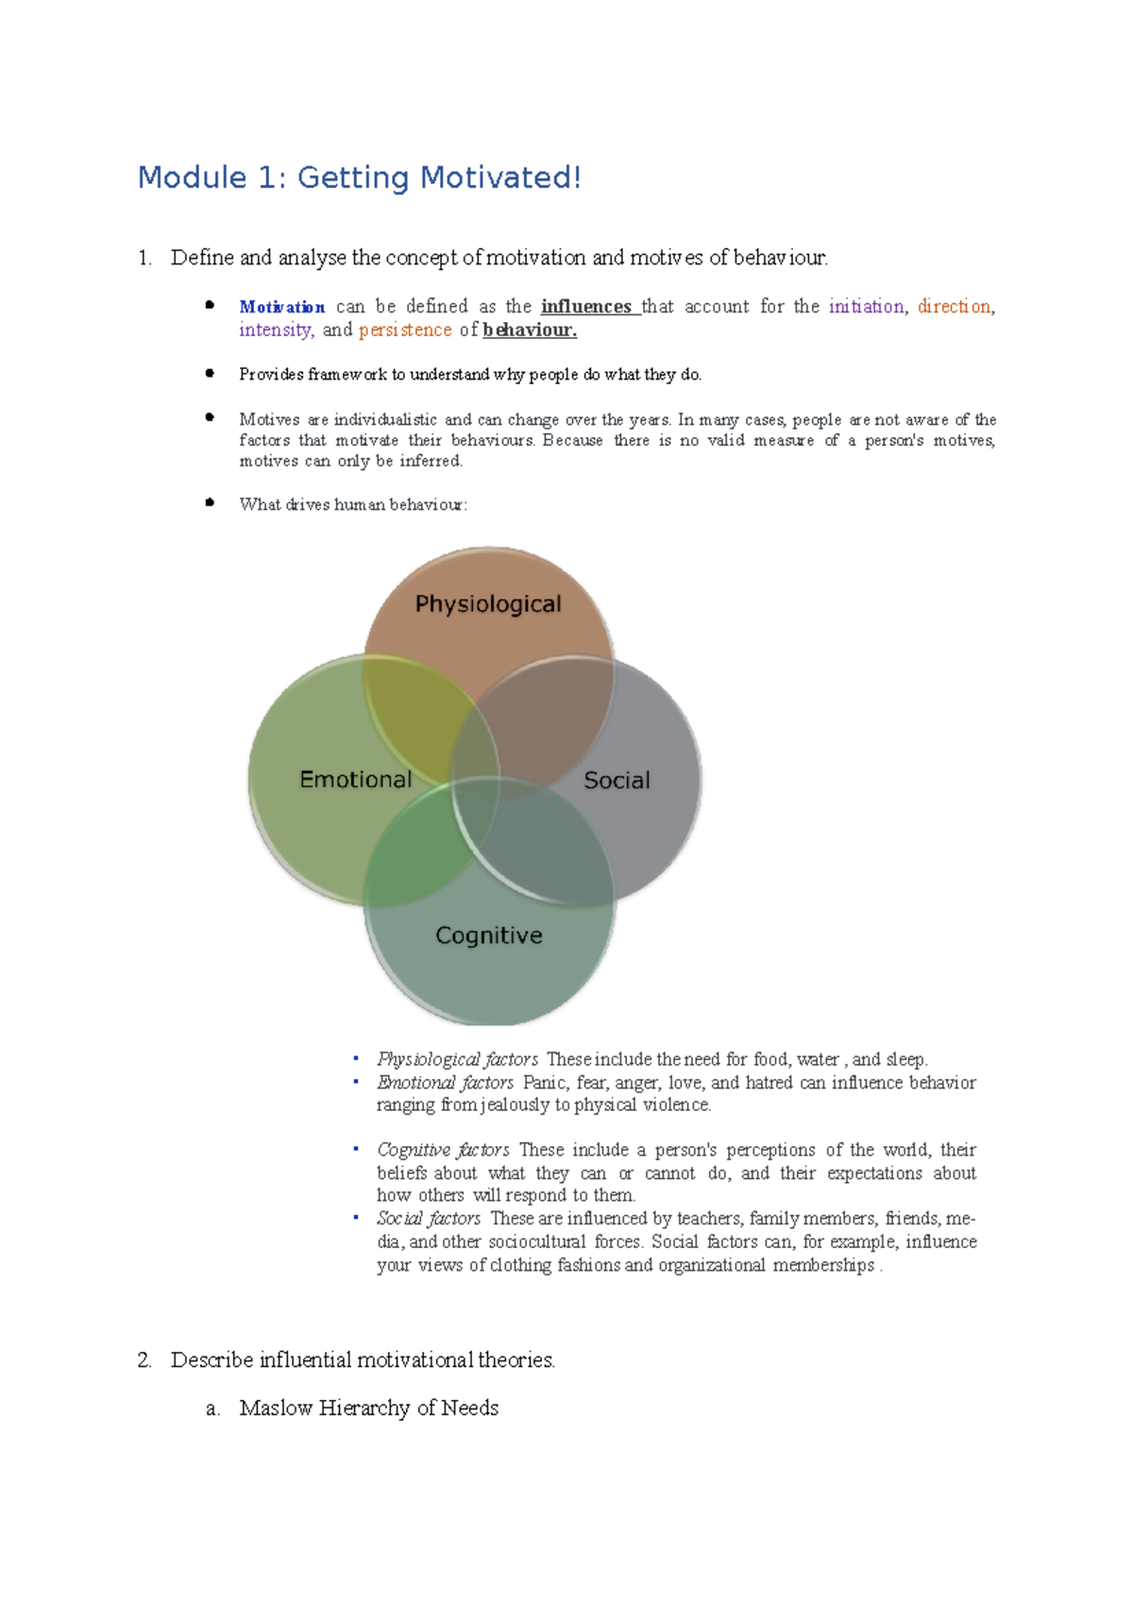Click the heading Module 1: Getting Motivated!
(x=359, y=177)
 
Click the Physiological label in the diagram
(x=488, y=604)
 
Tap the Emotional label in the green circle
(x=355, y=780)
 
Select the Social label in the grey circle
(x=617, y=781)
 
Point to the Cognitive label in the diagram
(x=488, y=936)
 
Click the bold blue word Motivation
(x=281, y=307)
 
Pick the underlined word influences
(x=586, y=307)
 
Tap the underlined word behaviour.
(x=529, y=330)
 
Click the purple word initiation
(x=866, y=307)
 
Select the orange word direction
(x=954, y=307)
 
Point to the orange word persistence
(x=405, y=330)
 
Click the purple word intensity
(x=275, y=330)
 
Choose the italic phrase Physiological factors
(x=457, y=1059)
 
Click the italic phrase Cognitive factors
(x=443, y=1150)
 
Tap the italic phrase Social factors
(x=429, y=1219)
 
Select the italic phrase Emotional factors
(x=445, y=1083)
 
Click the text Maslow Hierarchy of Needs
(x=368, y=1408)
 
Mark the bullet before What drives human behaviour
(x=210, y=503)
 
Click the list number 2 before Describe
(x=144, y=1360)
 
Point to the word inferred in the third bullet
(x=431, y=462)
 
